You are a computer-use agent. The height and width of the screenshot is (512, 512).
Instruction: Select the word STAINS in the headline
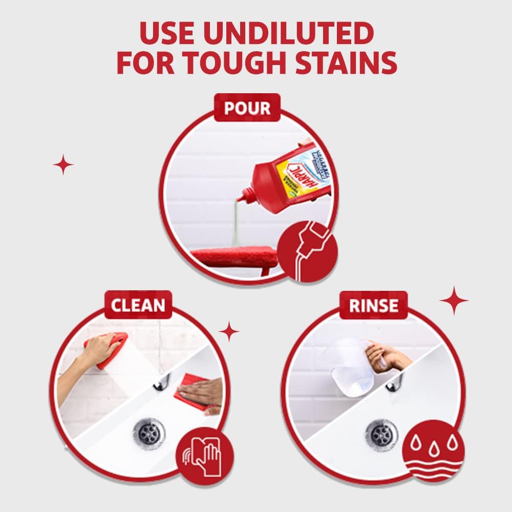coord(355,63)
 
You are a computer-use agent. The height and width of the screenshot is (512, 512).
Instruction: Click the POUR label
coord(247,108)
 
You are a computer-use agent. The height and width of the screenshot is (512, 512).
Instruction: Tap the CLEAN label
coord(138,306)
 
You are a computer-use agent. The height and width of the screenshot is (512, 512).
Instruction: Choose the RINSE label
coord(374,306)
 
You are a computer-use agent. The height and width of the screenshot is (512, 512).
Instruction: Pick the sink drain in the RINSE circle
coord(381,434)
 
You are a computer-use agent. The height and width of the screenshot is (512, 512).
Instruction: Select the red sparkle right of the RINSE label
coord(454,301)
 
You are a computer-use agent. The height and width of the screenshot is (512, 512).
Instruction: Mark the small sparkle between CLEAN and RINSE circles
coord(229,331)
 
